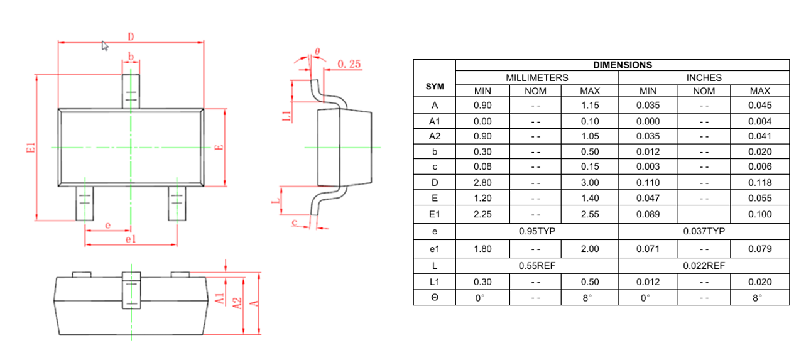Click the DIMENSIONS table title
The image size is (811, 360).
(x=623, y=65)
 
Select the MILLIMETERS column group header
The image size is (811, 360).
(x=537, y=78)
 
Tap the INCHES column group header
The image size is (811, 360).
(x=704, y=78)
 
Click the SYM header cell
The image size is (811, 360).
(x=435, y=87)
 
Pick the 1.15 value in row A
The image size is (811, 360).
(x=590, y=106)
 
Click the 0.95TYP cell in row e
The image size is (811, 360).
(x=537, y=231)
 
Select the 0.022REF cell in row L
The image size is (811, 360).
(x=704, y=266)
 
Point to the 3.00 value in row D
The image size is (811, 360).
(x=590, y=183)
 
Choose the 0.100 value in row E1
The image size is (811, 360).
(x=759, y=214)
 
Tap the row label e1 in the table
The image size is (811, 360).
(x=435, y=249)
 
